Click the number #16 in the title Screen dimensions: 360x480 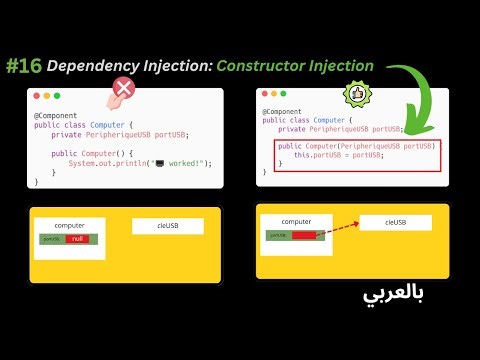[x=27, y=67]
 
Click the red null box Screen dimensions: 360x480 [x=74, y=239]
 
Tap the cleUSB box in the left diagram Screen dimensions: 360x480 [x=168, y=226]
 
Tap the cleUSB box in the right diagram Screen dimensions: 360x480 [x=396, y=222]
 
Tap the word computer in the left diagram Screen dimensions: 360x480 [x=69, y=225]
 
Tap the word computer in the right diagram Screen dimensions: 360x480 [x=297, y=220]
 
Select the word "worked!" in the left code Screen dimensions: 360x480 [x=185, y=162]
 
